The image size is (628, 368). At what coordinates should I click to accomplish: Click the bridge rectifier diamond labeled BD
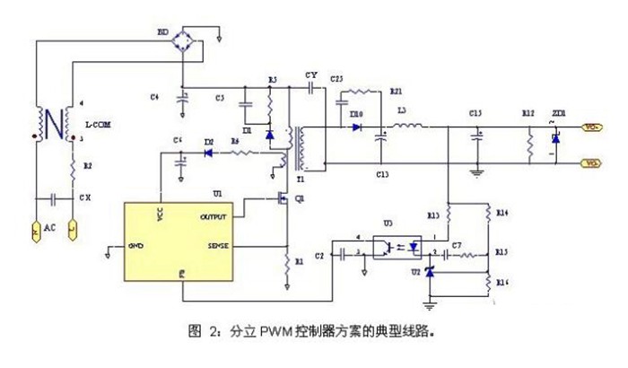coord(185,44)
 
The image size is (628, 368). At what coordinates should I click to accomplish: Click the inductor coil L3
coord(413,125)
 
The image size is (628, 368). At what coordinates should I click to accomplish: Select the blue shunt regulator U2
coord(431,274)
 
